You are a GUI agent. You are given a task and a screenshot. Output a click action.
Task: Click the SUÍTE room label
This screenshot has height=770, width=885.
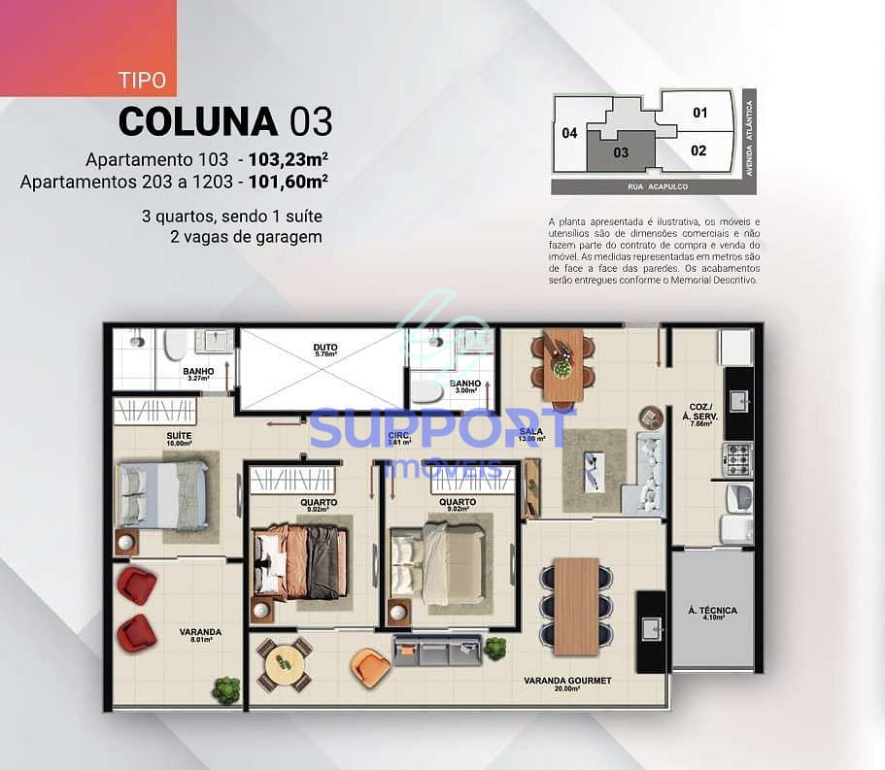pyautogui.click(x=179, y=435)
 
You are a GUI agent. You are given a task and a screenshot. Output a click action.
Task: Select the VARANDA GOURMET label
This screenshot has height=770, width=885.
pyautogui.click(x=581, y=681)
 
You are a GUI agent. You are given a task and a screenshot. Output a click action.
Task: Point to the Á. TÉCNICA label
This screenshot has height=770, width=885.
pyautogui.click(x=712, y=611)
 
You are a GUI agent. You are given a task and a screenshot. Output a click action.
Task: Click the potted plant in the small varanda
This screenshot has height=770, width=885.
pyautogui.click(x=227, y=689)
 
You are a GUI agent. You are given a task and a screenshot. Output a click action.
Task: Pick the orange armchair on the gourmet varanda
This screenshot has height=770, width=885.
pyautogui.click(x=370, y=665)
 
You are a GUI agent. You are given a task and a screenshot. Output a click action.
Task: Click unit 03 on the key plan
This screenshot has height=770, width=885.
pyautogui.click(x=621, y=152)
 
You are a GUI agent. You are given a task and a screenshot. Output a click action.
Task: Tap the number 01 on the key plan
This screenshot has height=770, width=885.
pyautogui.click(x=700, y=113)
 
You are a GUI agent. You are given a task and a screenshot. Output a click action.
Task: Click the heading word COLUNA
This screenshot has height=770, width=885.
pyautogui.click(x=198, y=121)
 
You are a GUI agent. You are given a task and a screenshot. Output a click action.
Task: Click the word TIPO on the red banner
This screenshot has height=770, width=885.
pyautogui.click(x=142, y=80)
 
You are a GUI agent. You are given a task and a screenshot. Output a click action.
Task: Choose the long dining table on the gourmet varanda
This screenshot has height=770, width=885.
pyautogui.click(x=576, y=603)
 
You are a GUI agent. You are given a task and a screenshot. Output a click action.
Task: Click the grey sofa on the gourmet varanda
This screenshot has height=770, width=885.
pyautogui.click(x=437, y=649)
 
